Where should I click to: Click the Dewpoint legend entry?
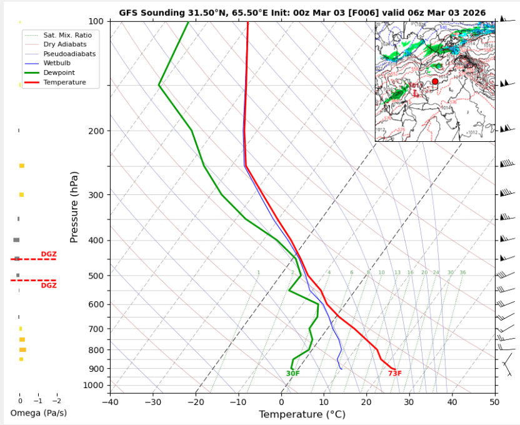[56, 72]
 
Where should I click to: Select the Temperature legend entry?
[64, 82]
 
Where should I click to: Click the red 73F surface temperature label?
[394, 374]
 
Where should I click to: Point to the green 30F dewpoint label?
[292, 374]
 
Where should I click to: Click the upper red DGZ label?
[49, 254]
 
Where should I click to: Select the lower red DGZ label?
[49, 286]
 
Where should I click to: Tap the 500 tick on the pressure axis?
[97, 276]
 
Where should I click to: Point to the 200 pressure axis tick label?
[97, 131]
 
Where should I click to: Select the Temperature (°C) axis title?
[302, 414]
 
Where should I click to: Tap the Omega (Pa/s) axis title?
[38, 413]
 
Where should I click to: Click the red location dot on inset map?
[435, 81]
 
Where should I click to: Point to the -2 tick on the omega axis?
[56, 401]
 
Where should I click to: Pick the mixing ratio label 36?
[462, 272]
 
